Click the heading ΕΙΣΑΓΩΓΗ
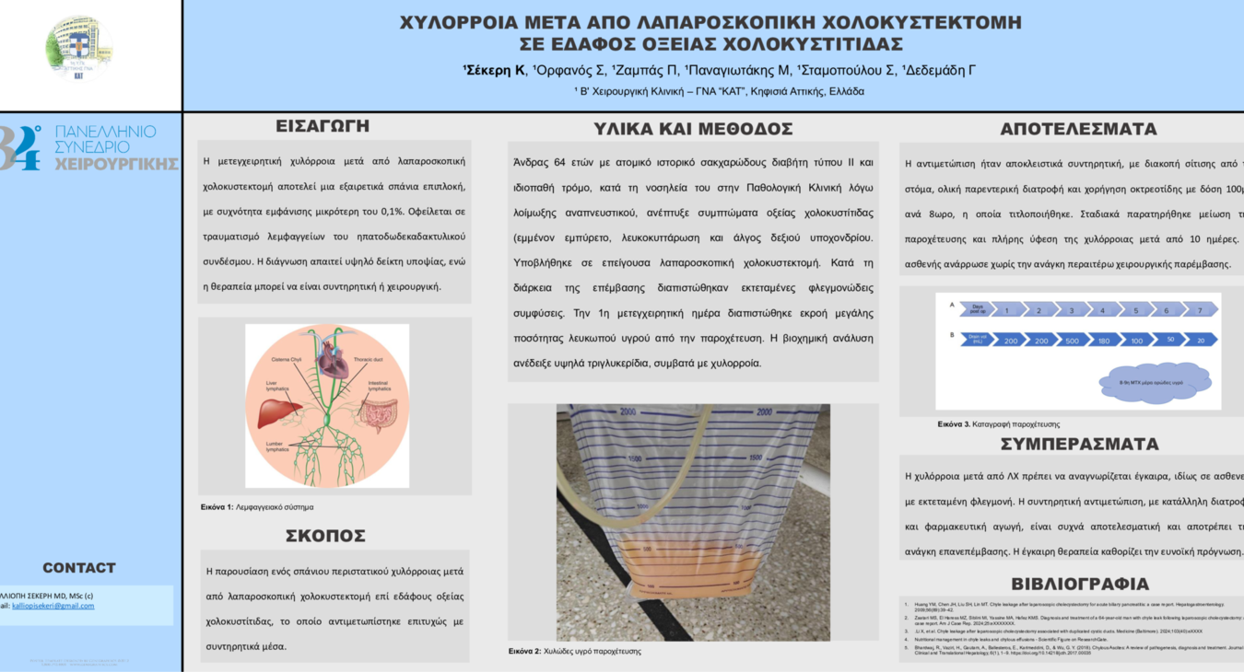[322, 126]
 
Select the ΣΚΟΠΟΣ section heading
[325, 536]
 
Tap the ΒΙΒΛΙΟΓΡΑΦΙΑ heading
[1079, 584]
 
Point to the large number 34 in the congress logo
[20, 147]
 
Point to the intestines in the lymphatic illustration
[377, 415]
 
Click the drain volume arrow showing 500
[1072, 340]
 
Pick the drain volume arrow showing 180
[1104, 340]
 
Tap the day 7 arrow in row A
[1199, 310]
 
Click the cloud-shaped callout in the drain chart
[1156, 382]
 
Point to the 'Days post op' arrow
[977, 310]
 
